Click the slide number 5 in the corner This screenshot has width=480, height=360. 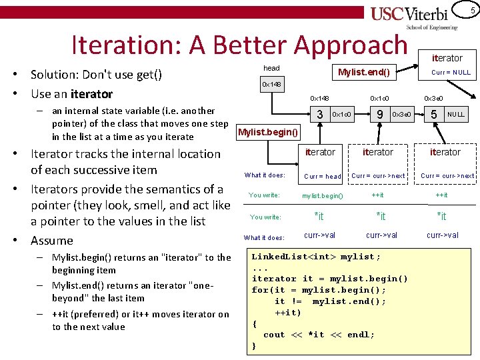(472, 9)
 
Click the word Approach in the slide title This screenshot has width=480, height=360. (350, 45)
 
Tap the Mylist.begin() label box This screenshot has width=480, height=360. (269, 131)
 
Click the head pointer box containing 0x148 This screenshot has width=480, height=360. (272, 85)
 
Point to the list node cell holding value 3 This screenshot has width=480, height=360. (320, 115)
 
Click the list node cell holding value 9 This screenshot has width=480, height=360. (379, 115)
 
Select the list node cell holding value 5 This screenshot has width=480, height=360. (434, 115)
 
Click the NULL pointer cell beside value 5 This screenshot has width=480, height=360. (456, 115)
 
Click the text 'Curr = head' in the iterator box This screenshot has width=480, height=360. (323, 177)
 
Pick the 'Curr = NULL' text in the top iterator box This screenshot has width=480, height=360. (451, 72)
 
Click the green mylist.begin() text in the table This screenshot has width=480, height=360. (323, 196)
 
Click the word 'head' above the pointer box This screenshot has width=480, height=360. (271, 68)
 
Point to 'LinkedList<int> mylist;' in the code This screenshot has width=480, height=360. (316, 257)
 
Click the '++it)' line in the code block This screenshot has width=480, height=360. (288, 312)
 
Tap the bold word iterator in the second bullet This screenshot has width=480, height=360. (91, 94)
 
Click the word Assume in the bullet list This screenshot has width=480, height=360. (52, 240)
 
